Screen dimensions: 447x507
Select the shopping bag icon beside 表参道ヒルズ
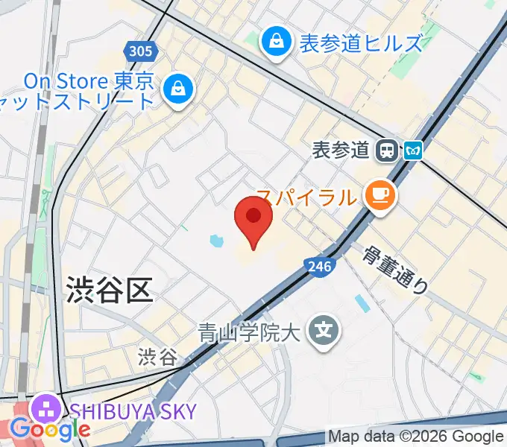[x=276, y=42]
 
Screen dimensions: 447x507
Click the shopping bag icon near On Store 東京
[x=180, y=89]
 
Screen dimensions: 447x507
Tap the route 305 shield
[x=139, y=51]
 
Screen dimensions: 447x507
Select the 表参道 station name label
[x=341, y=150]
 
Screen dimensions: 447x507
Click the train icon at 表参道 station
[x=387, y=150]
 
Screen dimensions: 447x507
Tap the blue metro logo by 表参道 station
[x=413, y=151]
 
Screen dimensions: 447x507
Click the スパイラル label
[x=306, y=197]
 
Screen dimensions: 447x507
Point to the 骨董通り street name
[x=396, y=269]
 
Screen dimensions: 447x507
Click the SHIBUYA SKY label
[x=134, y=411]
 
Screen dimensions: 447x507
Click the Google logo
[x=50, y=430]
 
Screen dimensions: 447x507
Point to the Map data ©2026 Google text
[x=416, y=437]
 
